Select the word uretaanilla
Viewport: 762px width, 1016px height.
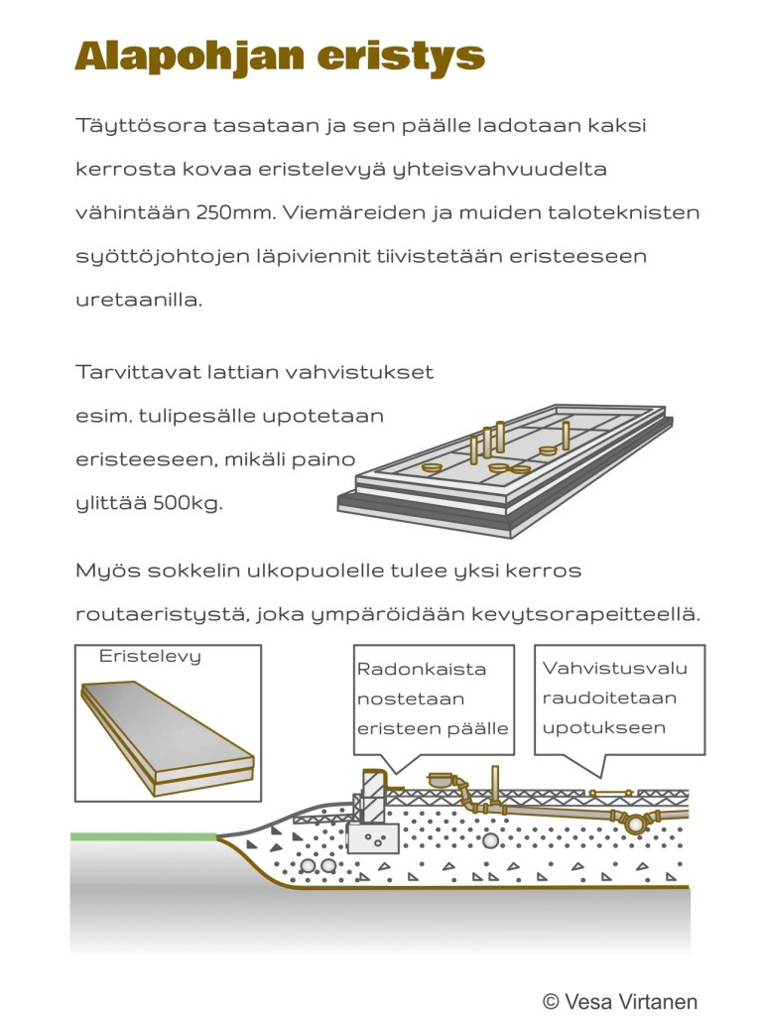pyautogui.click(x=138, y=299)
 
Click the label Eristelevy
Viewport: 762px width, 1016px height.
pyautogui.click(x=150, y=656)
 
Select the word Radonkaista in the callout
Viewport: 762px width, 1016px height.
pyautogui.click(x=422, y=669)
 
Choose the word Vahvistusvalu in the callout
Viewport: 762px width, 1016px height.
pyautogui.click(x=615, y=668)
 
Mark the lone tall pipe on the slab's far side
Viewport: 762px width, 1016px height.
pyautogui.click(x=566, y=435)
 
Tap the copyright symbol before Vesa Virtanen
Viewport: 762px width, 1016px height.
pyautogui.click(x=551, y=1001)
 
